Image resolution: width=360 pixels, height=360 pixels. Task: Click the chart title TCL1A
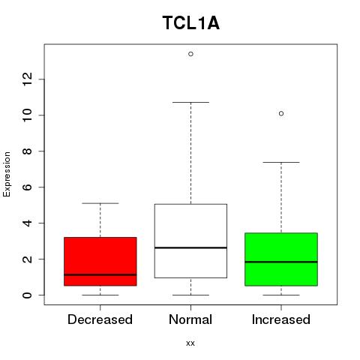[191, 23]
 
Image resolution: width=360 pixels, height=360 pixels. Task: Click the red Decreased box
[100, 261]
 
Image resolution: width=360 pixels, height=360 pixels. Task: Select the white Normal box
[190, 241]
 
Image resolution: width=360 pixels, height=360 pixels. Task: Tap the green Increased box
[281, 259]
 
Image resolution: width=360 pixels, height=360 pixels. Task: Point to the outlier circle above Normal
[190, 54]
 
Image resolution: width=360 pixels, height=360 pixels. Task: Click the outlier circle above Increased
[281, 113]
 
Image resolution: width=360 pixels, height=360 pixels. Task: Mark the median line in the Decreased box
[100, 274]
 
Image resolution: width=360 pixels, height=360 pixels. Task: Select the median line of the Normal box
[190, 247]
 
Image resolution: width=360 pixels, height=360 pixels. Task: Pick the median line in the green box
[281, 262]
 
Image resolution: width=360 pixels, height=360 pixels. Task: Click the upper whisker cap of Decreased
[100, 203]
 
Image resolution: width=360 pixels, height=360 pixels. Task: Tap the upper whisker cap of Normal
[190, 102]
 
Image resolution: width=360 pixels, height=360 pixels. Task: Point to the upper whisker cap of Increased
[281, 162]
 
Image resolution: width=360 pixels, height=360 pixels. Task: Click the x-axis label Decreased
[100, 319]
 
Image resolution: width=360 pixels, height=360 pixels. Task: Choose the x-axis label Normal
[190, 319]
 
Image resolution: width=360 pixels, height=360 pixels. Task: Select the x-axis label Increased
[281, 319]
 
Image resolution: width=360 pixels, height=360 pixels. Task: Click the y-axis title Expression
[7, 174]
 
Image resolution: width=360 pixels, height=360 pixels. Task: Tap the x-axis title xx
[190, 343]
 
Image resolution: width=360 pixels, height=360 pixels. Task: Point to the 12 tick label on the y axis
[27, 79]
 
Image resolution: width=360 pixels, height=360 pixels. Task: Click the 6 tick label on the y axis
[27, 187]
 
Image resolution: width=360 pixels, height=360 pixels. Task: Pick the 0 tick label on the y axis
[27, 295]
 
